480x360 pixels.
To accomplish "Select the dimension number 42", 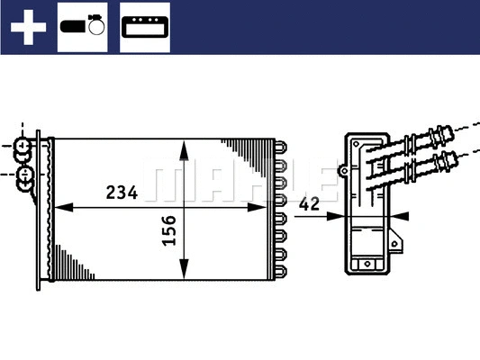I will [309, 204].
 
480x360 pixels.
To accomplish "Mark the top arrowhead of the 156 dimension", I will [184, 147].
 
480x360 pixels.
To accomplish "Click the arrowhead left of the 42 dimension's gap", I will [336, 215].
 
